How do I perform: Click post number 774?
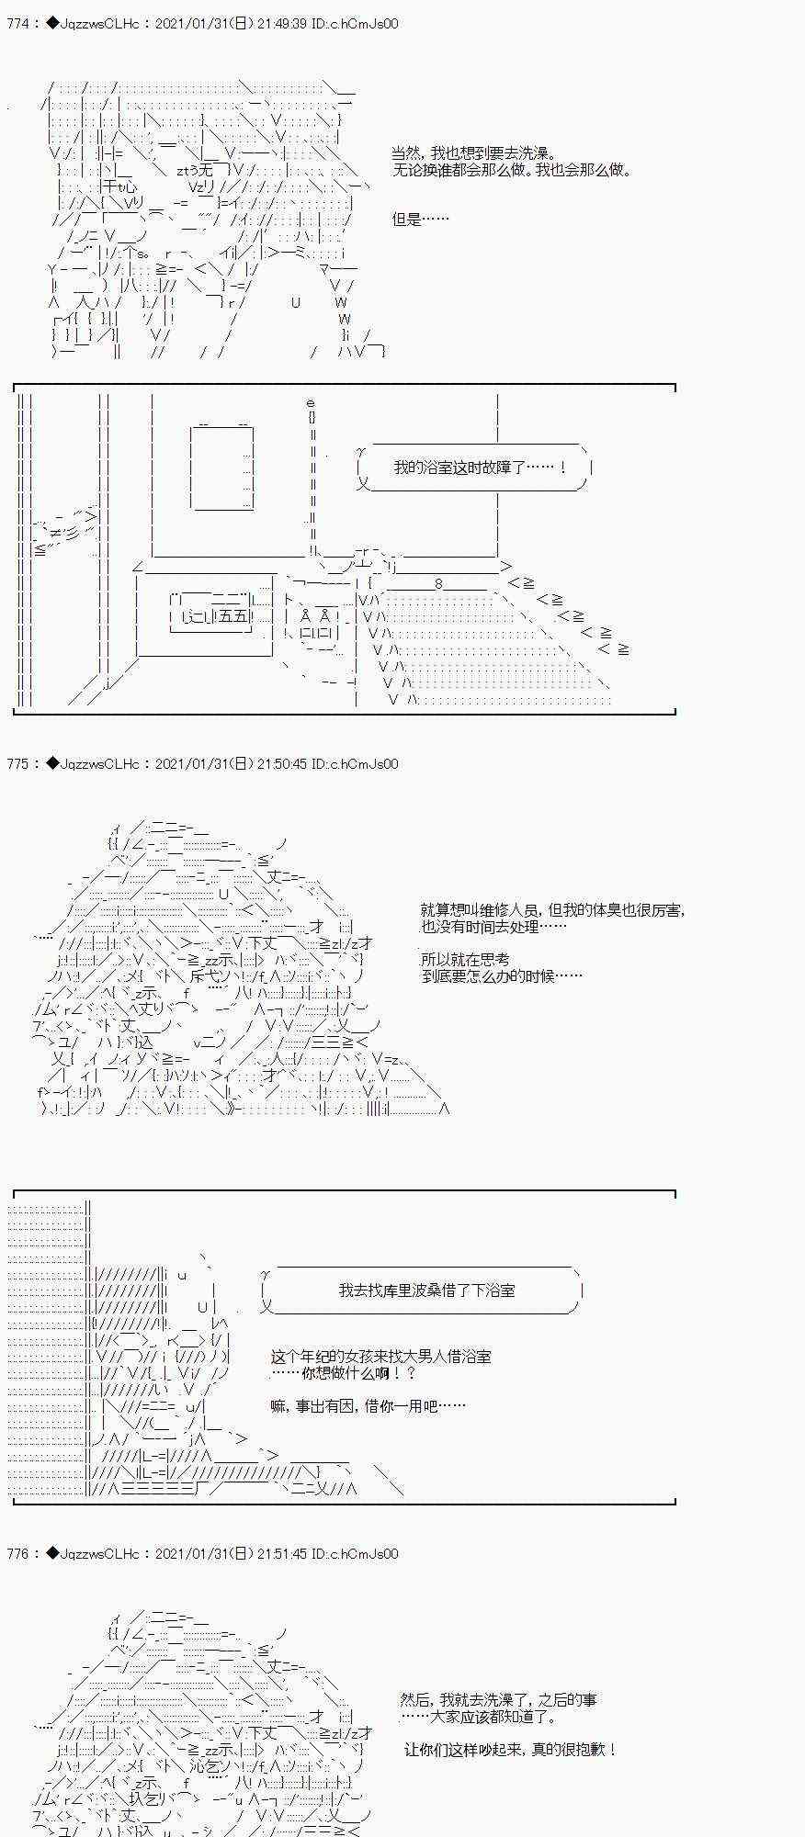pos(18,24)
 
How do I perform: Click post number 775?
pos(18,763)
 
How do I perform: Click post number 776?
pos(18,1553)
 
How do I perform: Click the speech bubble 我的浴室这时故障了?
pos(478,468)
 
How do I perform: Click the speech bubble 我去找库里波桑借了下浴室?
pos(426,1290)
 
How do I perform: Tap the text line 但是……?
pos(421,220)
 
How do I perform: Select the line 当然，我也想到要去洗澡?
pos(473,153)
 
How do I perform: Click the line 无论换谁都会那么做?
pos(512,170)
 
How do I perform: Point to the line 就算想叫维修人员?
pos(551,910)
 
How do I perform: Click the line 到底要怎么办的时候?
pos(501,975)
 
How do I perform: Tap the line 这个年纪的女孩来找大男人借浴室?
pos(380,1357)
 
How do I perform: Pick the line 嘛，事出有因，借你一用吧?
pos(368,1405)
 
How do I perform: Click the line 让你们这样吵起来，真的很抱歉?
pos(510,1750)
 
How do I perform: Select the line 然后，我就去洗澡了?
pos(498,1700)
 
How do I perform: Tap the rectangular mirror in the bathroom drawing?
pos(221,465)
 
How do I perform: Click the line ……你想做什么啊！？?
pos(346,1373)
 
